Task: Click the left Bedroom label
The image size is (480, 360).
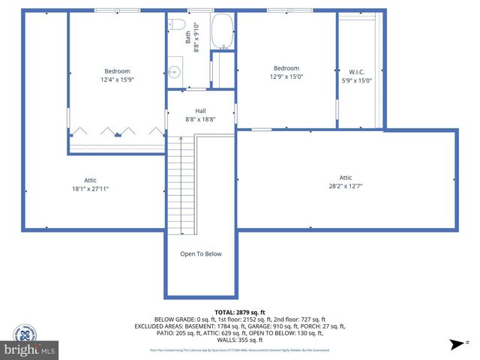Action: click(116, 70)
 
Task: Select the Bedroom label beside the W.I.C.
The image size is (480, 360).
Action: click(286, 68)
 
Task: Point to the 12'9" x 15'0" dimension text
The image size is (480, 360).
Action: click(286, 76)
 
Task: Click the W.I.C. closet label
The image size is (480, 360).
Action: click(356, 72)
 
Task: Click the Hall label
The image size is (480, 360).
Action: click(200, 111)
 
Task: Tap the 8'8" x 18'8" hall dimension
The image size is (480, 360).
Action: click(200, 118)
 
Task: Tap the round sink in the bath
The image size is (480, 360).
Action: click(174, 72)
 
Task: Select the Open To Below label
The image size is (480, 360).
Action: click(201, 253)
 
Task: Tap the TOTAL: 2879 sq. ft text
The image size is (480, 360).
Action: click(240, 312)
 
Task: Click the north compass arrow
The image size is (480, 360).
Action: click(454, 344)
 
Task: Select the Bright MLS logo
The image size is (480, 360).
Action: click(30, 349)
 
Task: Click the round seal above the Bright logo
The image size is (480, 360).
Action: click(25, 332)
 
